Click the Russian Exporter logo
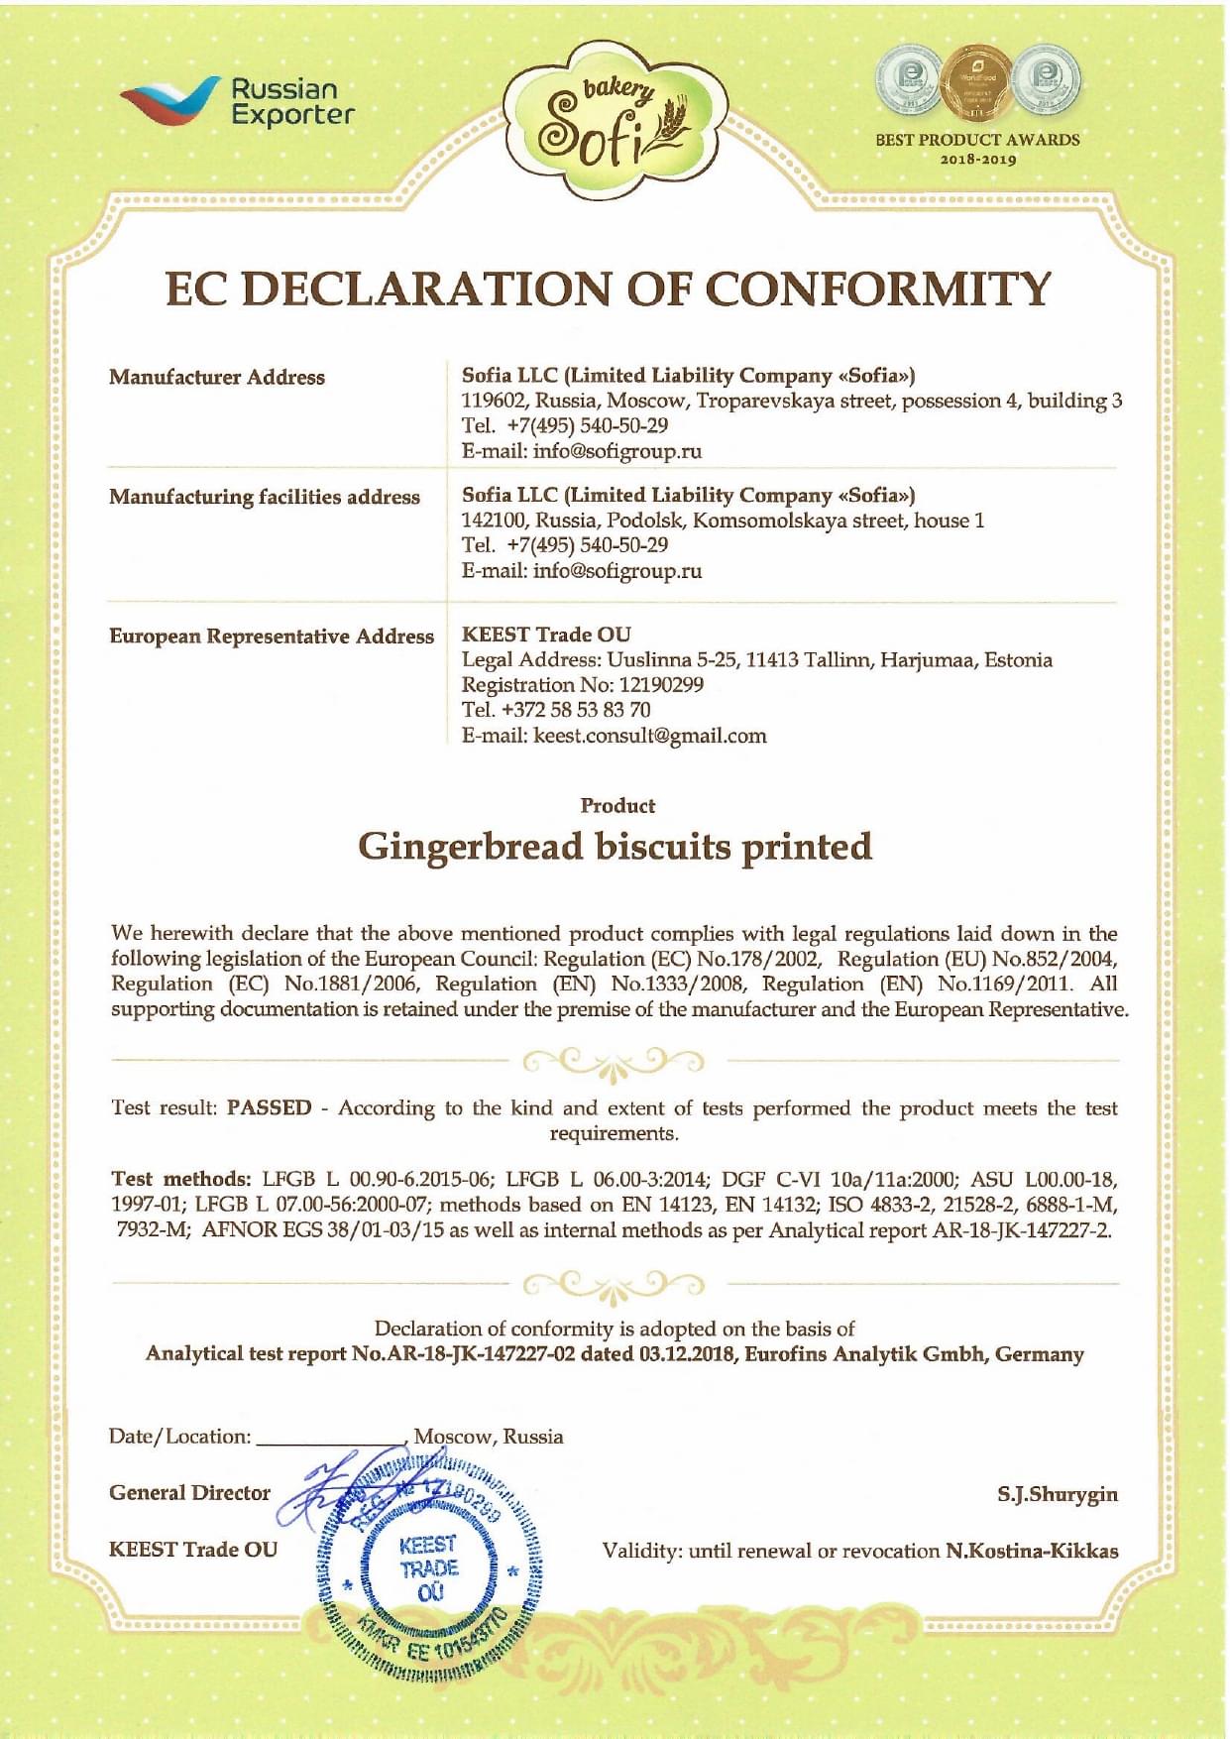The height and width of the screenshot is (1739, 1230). (237, 102)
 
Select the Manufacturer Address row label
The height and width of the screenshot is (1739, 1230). (217, 378)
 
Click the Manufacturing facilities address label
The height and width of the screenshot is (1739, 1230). (265, 497)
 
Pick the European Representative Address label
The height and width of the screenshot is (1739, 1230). (272, 637)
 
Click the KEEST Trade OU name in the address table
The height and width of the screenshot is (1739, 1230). (546, 635)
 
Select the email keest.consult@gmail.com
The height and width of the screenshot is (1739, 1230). (649, 736)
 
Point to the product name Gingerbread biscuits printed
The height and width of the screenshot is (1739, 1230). (615, 847)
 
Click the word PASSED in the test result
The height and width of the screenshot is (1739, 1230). (269, 1107)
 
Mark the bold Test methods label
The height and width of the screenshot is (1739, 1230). (181, 1179)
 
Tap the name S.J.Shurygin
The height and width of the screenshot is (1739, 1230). (1058, 1494)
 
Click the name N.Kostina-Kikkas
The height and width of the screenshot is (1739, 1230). (1032, 1551)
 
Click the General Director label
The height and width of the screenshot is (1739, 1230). (189, 1493)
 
